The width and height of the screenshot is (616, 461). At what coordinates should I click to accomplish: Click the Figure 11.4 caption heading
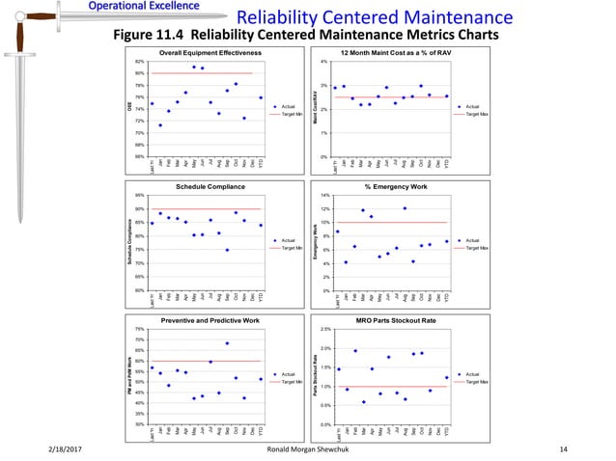click(x=307, y=36)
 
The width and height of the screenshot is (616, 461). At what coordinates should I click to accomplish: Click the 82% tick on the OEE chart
click(x=140, y=62)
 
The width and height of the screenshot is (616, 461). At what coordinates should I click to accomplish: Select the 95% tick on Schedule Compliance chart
click(x=140, y=195)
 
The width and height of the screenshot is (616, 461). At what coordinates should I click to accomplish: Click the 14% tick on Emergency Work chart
click(x=324, y=195)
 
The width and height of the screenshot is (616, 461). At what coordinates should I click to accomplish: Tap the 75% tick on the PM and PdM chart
click(x=140, y=329)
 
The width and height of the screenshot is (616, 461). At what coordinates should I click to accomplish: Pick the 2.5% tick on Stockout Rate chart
click(x=324, y=329)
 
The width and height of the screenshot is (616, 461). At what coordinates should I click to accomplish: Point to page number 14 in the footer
click(x=563, y=448)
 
